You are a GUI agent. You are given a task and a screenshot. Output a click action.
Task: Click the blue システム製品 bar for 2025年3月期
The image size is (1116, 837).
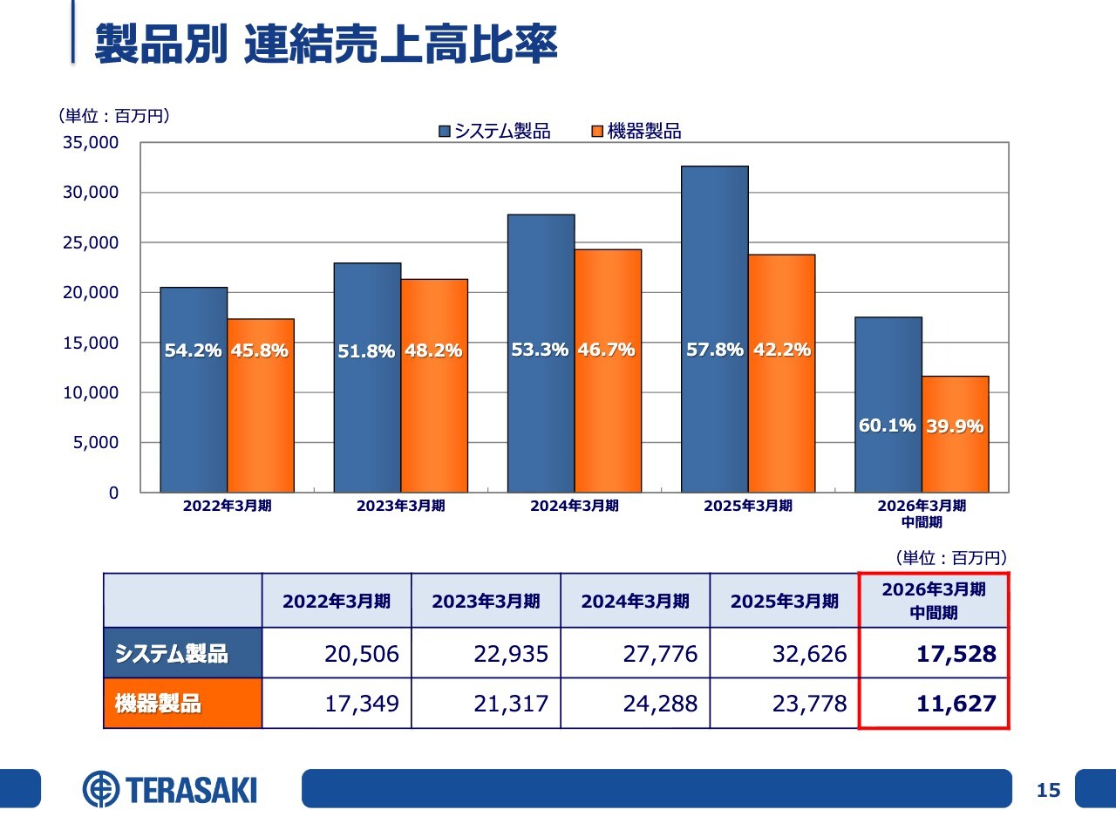pos(714,262)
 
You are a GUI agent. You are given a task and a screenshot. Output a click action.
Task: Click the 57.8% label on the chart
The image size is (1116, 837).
pos(714,350)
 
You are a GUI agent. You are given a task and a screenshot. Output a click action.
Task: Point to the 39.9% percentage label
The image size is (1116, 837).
pos(955,426)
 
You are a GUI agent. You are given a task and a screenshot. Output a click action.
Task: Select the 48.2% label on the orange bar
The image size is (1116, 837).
pos(433,350)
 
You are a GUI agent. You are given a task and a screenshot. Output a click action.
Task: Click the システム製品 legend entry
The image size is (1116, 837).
pos(494,131)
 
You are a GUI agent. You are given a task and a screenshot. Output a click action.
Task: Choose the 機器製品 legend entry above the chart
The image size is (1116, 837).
pos(636,131)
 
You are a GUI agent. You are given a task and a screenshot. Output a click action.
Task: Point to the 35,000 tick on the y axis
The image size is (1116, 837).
pos(91,142)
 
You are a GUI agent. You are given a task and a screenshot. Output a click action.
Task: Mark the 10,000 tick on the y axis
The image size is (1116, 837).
pos(91,392)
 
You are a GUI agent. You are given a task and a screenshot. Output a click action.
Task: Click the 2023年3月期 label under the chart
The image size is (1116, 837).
pos(400,506)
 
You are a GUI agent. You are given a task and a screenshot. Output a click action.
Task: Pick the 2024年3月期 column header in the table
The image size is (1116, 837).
pos(635,601)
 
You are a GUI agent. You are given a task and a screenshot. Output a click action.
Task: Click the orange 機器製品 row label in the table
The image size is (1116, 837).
pos(182,703)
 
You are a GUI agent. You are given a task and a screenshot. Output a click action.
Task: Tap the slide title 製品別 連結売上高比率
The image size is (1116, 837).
pos(325,44)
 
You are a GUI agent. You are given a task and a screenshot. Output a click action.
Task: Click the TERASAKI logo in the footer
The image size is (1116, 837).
pos(171,789)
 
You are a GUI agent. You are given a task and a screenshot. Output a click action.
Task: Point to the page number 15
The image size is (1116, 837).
pos(1048,790)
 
